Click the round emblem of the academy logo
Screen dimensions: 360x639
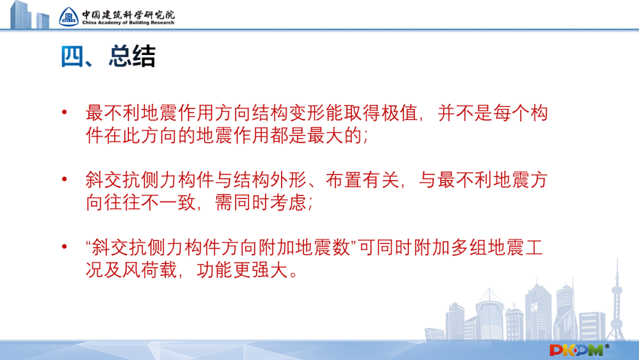(x=69, y=16)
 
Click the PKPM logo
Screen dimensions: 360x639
(x=576, y=349)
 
